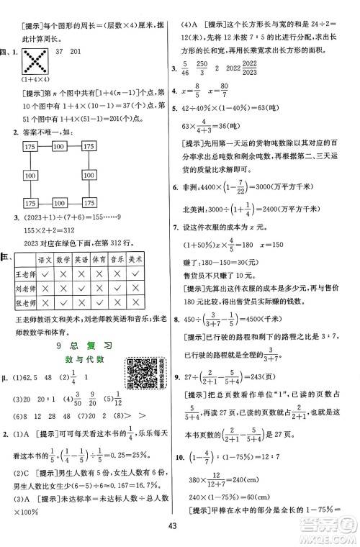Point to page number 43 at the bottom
click(x=180, y=530)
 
